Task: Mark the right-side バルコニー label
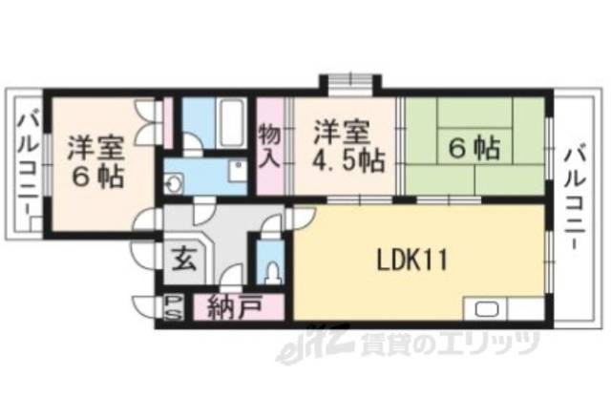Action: coord(575,197)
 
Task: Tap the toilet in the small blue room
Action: coord(274,268)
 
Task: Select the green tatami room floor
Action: coord(449,177)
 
